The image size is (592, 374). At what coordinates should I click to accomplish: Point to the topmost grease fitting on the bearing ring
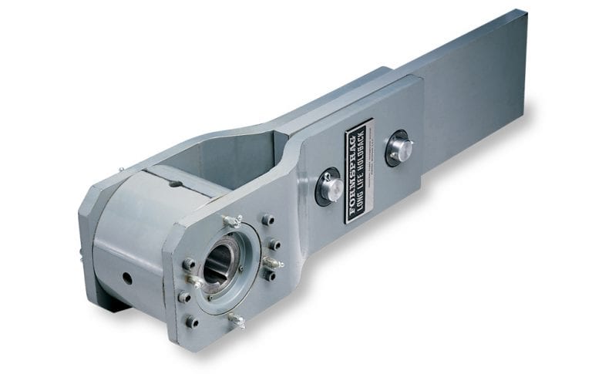[232, 221]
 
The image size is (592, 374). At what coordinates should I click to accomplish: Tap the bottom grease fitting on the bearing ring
[236, 318]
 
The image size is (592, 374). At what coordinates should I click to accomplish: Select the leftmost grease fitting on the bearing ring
[193, 281]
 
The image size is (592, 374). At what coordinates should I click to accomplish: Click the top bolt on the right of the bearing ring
[267, 221]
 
